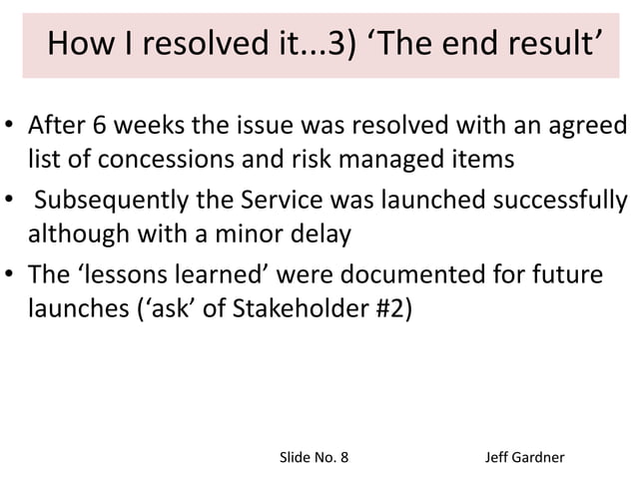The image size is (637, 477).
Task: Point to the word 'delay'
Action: point(300,235)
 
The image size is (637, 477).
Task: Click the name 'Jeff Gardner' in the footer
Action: point(524,457)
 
